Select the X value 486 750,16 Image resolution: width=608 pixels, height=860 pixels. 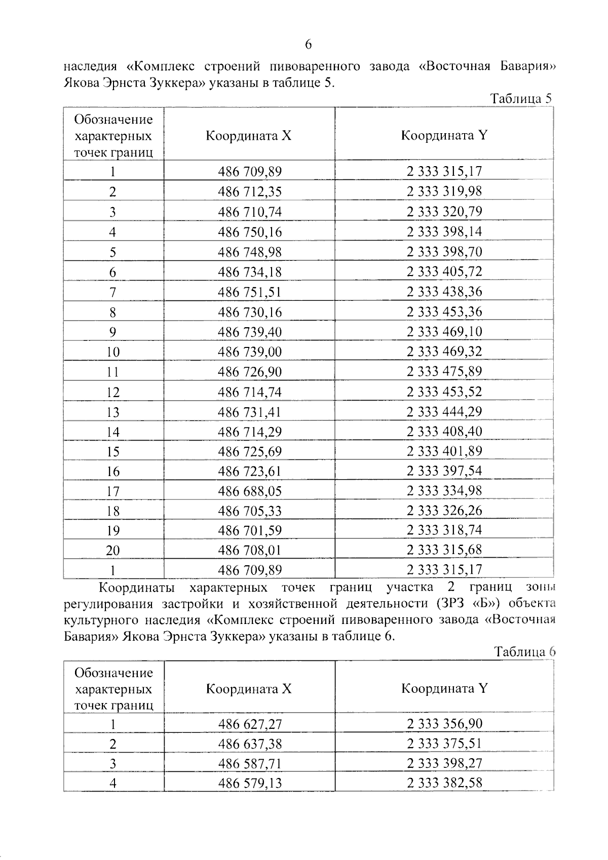(x=250, y=232)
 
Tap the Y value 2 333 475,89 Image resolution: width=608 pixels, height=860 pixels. (x=444, y=372)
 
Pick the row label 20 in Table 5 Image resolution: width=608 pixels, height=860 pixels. (x=112, y=551)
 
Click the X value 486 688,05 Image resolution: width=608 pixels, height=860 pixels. (x=250, y=491)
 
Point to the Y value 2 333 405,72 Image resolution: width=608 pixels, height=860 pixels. (x=444, y=272)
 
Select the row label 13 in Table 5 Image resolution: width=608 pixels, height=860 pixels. (x=112, y=412)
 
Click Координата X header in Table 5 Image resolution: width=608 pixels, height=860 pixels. (x=248, y=136)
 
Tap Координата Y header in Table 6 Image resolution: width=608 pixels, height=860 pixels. (x=444, y=688)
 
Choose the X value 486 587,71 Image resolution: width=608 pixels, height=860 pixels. (x=250, y=763)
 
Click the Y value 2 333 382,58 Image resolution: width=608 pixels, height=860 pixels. (x=444, y=783)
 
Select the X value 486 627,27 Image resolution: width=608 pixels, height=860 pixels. (x=250, y=724)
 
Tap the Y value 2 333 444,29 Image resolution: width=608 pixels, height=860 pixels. (x=444, y=412)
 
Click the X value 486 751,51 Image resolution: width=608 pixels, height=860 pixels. (x=250, y=292)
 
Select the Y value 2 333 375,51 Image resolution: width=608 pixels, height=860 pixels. (x=444, y=744)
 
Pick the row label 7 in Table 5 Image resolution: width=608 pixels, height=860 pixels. (x=112, y=292)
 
